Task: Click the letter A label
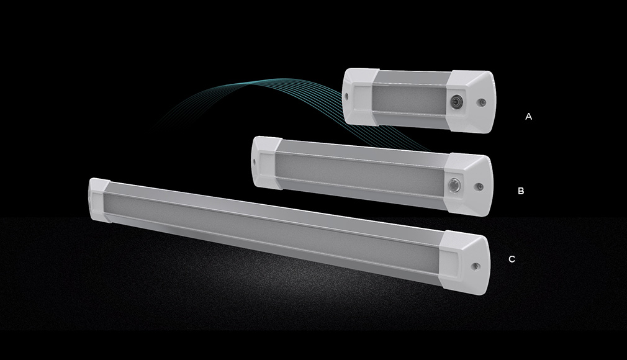528,117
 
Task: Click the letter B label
521,191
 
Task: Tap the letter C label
512,259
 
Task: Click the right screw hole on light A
482,102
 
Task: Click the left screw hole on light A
346,96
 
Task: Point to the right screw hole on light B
479,186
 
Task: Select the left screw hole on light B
255,163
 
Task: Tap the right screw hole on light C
475,266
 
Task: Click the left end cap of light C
99,200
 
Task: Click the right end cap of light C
466,263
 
